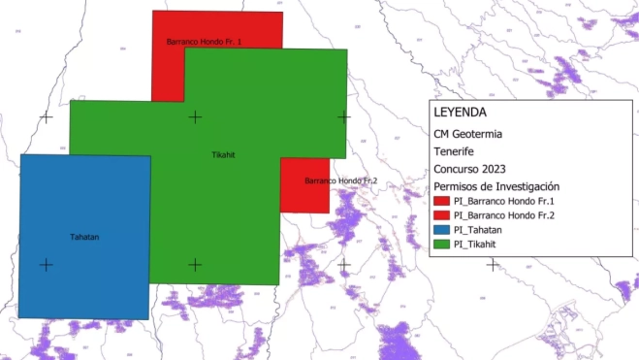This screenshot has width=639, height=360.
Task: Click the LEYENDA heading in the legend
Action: coord(462,113)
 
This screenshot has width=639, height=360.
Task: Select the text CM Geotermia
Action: coord(469,133)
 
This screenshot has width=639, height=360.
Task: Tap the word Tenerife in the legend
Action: coord(455,151)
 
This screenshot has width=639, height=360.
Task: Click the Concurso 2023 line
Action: coord(469,169)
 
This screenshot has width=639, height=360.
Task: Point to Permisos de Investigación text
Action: coord(496,186)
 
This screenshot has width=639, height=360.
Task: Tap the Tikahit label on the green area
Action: coord(224,155)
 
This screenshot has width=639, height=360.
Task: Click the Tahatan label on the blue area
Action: coord(84,238)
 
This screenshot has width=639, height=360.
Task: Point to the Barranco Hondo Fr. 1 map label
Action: coord(205,43)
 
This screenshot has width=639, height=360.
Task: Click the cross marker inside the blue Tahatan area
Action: coord(46,264)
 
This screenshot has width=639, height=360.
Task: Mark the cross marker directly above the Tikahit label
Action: coord(195,116)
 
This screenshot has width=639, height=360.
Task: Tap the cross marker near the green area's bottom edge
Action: coord(195,264)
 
